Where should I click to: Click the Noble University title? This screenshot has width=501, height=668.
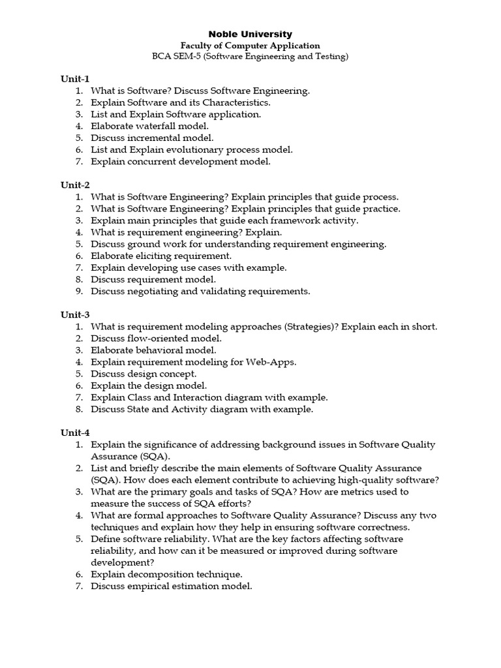[x=250, y=34]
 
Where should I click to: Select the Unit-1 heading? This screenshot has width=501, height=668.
[x=75, y=79]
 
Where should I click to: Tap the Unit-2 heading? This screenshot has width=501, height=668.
[x=75, y=185]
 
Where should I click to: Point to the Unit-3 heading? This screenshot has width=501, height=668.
[x=75, y=314]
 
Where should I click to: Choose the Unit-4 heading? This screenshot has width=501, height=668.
[x=75, y=433]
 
